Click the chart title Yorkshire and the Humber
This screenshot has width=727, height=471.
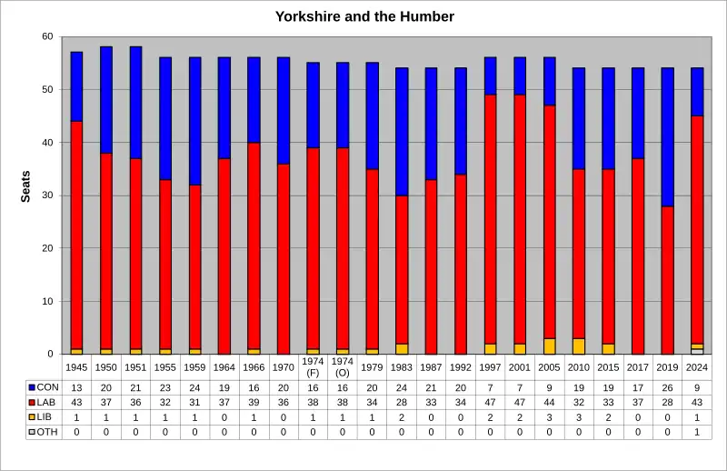(x=364, y=16)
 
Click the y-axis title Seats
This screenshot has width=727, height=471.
(x=25, y=186)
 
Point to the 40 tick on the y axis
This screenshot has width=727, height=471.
(x=47, y=143)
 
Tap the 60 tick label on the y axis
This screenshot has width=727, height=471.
(x=47, y=37)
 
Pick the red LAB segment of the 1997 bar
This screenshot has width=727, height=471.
(x=491, y=218)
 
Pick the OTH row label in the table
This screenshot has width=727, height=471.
(x=46, y=431)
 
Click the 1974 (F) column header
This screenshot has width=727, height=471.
(x=313, y=367)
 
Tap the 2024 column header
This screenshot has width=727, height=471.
(x=697, y=367)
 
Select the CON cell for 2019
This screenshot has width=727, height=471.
(x=668, y=387)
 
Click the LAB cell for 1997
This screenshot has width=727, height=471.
(x=491, y=402)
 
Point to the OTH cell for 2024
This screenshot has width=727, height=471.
(x=697, y=431)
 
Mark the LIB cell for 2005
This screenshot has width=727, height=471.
(x=550, y=416)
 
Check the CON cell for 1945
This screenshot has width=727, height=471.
(x=77, y=387)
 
